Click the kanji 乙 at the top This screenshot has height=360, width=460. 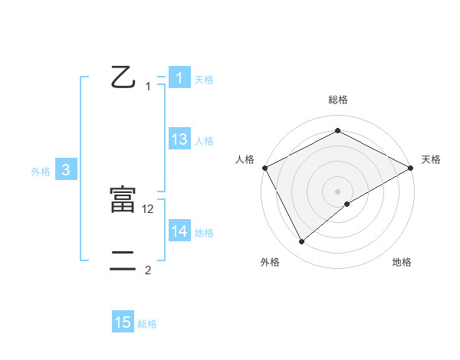click(123, 77)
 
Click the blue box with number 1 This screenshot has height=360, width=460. click(179, 78)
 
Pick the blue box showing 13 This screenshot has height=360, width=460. click(179, 139)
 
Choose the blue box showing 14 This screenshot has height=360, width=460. click(179, 232)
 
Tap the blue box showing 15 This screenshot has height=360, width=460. click(123, 322)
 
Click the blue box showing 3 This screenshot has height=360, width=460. click(66, 171)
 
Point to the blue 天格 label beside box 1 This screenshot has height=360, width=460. click(204, 79)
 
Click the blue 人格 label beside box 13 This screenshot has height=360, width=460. click(204, 141)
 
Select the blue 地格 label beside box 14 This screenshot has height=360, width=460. click(204, 233)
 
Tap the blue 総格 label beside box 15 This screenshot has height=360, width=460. click(147, 324)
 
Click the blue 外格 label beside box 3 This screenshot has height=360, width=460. click(41, 172)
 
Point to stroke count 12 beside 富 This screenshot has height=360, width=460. click(149, 208)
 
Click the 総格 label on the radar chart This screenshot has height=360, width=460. click(338, 100)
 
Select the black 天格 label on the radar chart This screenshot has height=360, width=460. click(431, 159)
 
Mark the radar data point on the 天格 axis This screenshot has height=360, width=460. click(411, 168)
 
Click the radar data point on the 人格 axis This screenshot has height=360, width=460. click(264, 168)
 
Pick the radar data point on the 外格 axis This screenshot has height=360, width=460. click(301, 242)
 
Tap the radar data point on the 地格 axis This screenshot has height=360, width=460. click(347, 204)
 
